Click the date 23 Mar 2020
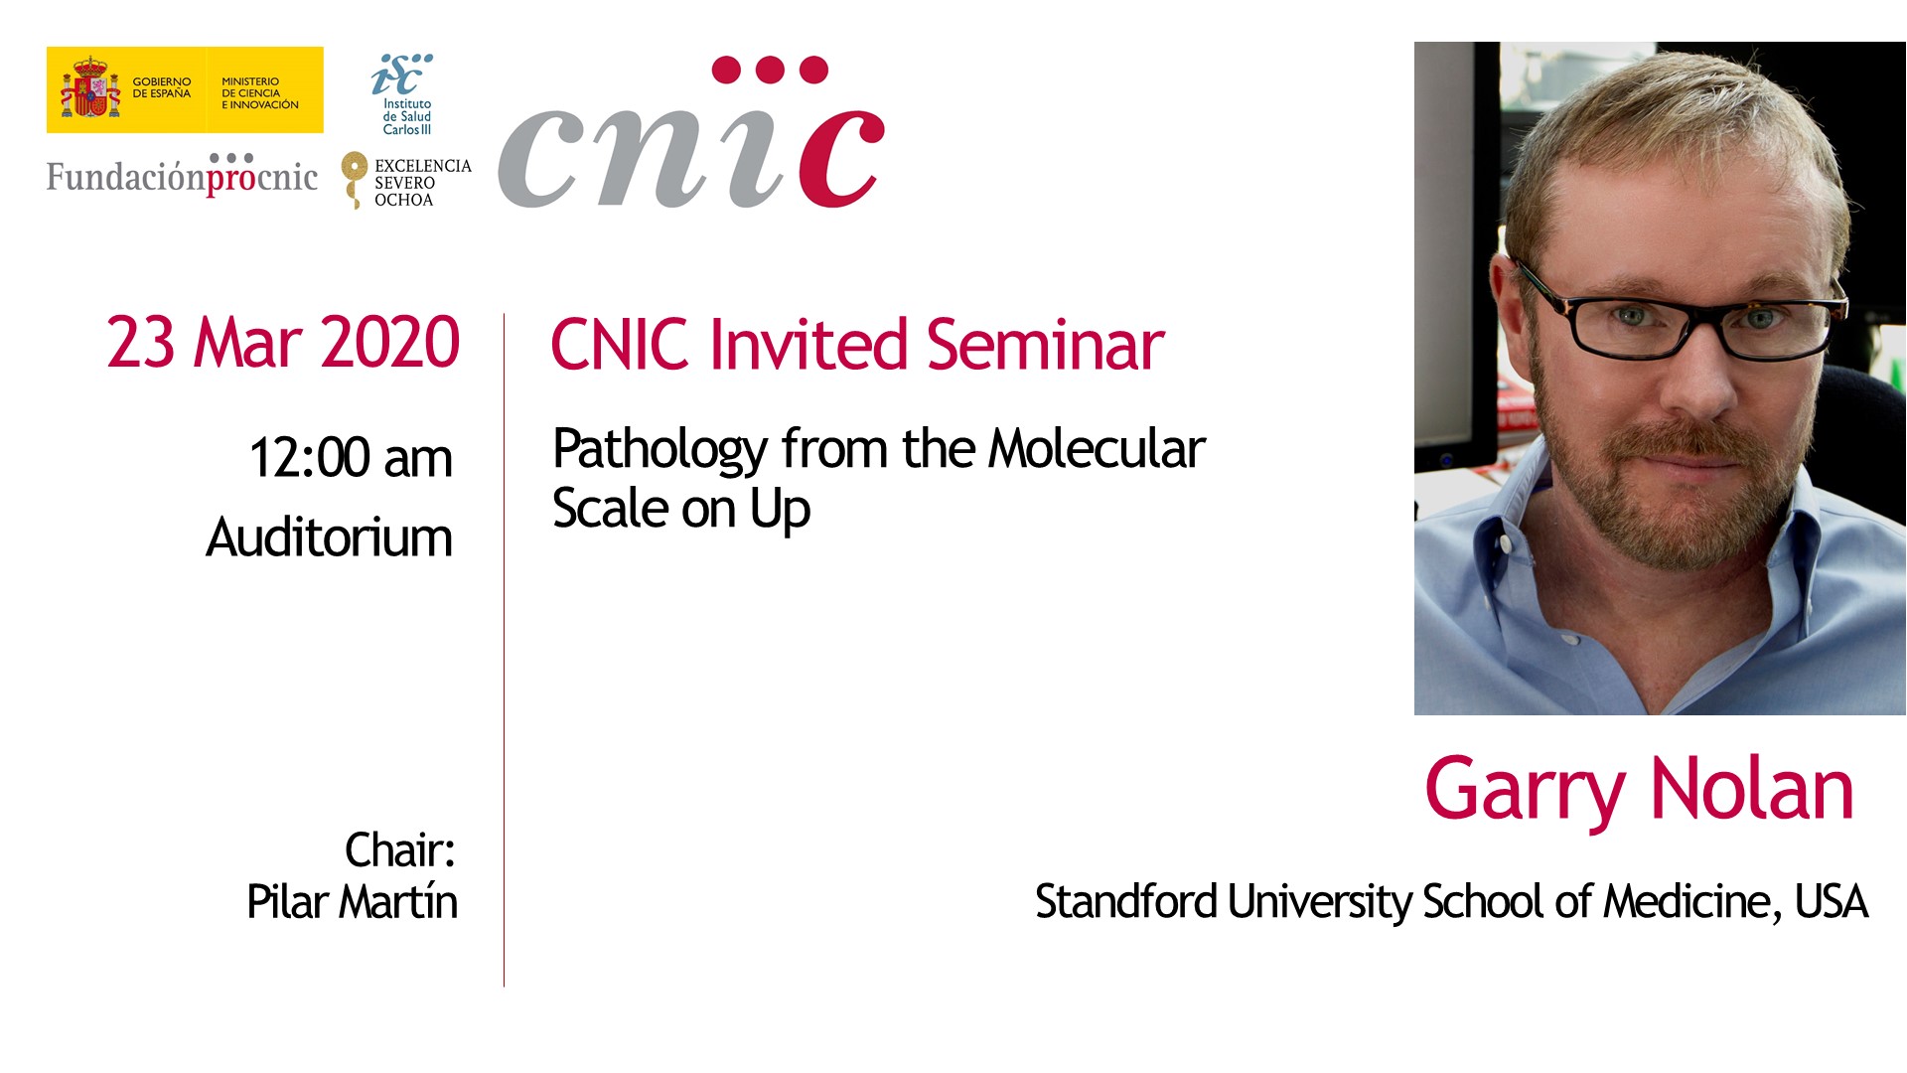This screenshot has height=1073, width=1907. click(x=283, y=343)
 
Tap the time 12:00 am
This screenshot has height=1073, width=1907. click(x=351, y=458)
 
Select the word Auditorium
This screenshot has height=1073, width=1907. click(x=329, y=537)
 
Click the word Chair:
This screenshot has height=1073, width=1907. click(x=399, y=850)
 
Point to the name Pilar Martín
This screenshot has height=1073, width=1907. click(x=352, y=902)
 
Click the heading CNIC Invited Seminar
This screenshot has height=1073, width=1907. click(x=857, y=345)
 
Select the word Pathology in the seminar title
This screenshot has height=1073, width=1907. click(x=660, y=449)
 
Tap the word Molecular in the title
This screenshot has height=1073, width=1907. click(x=1097, y=448)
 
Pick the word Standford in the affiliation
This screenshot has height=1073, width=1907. click(x=1125, y=901)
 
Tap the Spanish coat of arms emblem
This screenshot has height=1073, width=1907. click(x=90, y=88)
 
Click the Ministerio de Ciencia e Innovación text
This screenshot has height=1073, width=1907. click(x=260, y=92)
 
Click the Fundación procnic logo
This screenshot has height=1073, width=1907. click(x=182, y=175)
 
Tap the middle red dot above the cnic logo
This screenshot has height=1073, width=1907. click(x=771, y=70)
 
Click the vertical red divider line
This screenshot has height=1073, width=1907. click(x=504, y=650)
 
